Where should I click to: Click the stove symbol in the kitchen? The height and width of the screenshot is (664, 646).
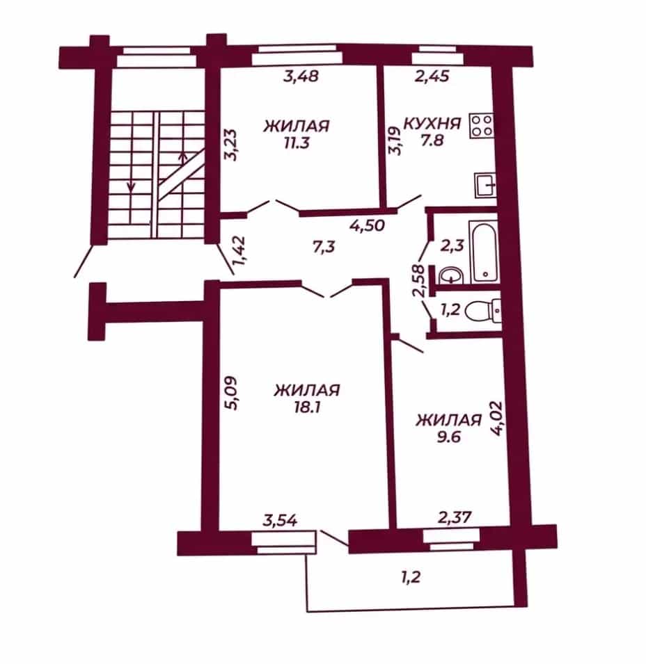click(x=482, y=125)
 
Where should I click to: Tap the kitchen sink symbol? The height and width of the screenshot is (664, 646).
click(x=485, y=185)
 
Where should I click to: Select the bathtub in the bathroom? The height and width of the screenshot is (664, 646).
click(x=484, y=252)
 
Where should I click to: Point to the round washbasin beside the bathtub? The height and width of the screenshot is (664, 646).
click(x=451, y=275)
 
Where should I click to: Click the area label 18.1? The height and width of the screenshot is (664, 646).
click(x=306, y=407)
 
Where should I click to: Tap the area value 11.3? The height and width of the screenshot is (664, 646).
click(x=297, y=143)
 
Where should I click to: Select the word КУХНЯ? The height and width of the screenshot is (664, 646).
click(x=432, y=124)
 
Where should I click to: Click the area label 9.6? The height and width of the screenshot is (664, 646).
click(x=448, y=436)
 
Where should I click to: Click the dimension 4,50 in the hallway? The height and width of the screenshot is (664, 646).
click(x=367, y=225)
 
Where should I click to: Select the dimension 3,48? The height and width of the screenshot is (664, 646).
click(x=301, y=76)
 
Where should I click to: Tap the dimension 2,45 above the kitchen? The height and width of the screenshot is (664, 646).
click(x=431, y=76)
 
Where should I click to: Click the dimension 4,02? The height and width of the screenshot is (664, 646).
click(x=496, y=418)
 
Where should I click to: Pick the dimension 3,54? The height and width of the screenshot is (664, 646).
click(x=280, y=519)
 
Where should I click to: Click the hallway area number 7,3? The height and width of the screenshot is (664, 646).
click(x=324, y=246)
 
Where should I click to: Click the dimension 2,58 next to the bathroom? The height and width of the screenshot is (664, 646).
click(x=420, y=280)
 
